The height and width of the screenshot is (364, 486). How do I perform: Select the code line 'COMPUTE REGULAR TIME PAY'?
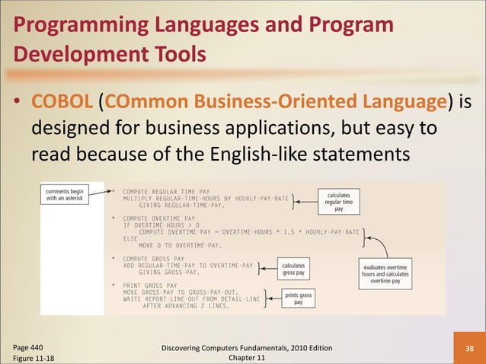(x=161, y=191)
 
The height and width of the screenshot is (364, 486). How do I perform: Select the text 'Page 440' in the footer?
(x=27, y=346)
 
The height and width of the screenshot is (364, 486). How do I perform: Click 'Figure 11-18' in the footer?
(x=33, y=358)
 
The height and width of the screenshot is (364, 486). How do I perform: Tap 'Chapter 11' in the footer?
(x=242, y=358)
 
